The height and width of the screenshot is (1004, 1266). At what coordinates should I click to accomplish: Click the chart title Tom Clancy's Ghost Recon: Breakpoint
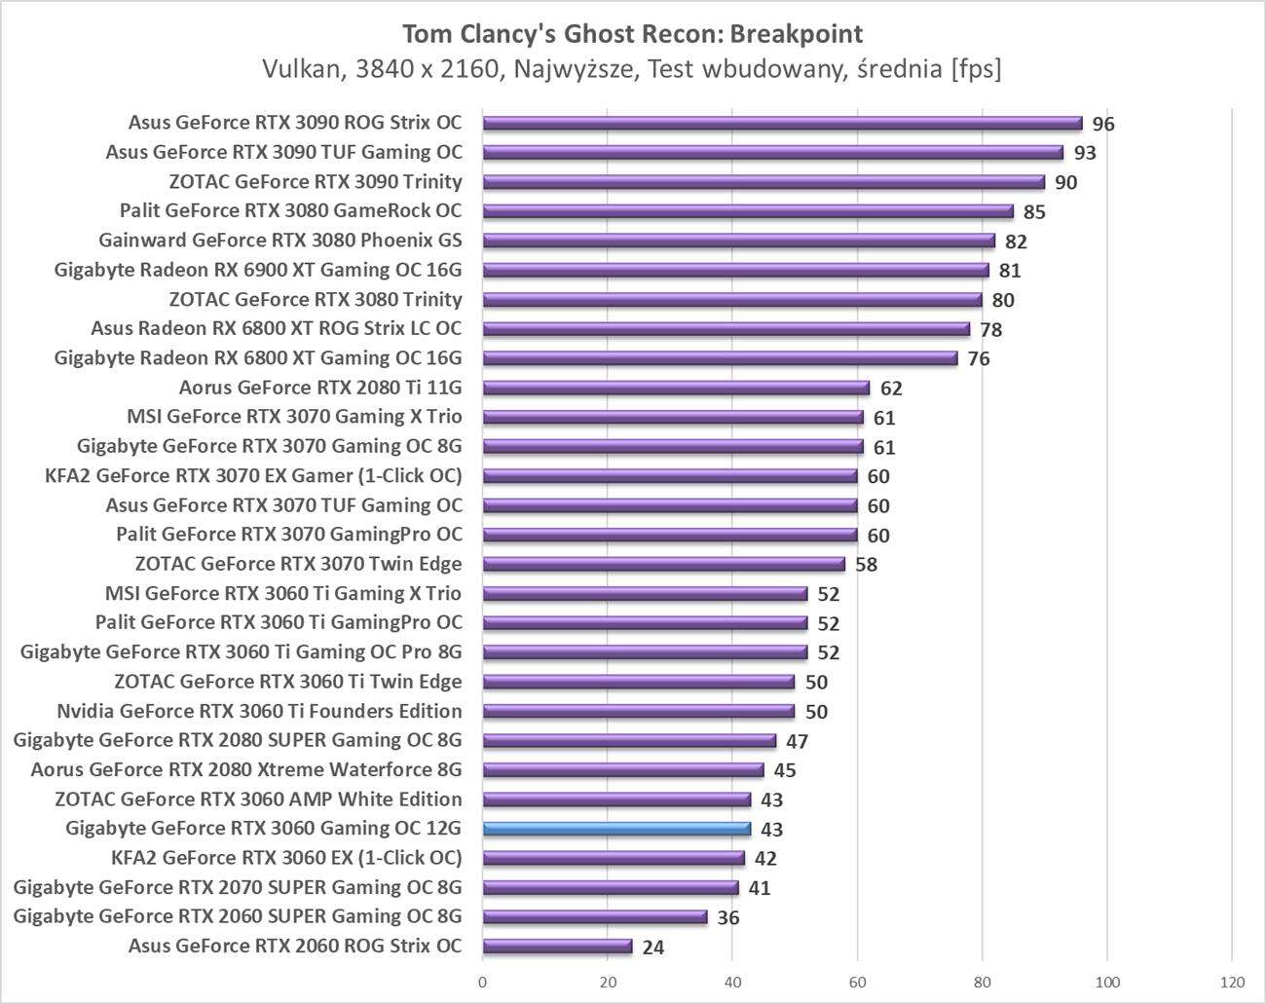click(x=632, y=34)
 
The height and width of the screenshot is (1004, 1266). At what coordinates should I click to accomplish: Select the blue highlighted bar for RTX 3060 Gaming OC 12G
click(x=616, y=829)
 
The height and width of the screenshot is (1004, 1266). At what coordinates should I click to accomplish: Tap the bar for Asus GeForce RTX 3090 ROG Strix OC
click(x=782, y=123)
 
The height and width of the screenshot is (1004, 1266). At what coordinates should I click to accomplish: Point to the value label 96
click(x=1102, y=124)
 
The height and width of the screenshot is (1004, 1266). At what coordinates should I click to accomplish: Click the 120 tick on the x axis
click(x=1232, y=981)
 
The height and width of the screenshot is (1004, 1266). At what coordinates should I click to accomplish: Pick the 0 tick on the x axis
click(x=483, y=981)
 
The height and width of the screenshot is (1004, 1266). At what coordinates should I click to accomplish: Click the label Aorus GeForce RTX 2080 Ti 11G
click(x=320, y=388)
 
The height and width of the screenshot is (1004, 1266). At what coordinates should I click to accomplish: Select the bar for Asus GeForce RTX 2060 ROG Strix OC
click(x=557, y=946)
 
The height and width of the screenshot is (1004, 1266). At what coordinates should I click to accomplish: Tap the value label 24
click(x=653, y=947)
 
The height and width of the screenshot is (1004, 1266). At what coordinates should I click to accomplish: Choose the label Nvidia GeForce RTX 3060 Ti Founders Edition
click(x=259, y=711)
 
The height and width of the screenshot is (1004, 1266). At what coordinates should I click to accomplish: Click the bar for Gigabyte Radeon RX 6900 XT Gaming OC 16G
click(x=735, y=270)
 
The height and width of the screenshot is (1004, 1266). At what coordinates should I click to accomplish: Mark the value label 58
click(x=866, y=565)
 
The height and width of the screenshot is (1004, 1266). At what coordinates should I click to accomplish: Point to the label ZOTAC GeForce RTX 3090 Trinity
click(x=316, y=181)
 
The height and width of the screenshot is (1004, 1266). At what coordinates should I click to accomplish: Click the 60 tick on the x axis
click(x=858, y=981)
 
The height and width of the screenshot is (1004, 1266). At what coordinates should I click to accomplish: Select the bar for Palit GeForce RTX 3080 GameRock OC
click(x=748, y=211)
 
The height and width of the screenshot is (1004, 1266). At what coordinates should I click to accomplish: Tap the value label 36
click(x=728, y=917)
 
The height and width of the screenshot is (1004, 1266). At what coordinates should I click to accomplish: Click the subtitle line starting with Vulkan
click(x=632, y=69)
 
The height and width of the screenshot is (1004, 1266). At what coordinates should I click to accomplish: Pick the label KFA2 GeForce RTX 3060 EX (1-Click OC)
click(x=287, y=858)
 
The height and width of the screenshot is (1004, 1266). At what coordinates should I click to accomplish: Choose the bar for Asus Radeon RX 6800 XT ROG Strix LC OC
click(x=726, y=329)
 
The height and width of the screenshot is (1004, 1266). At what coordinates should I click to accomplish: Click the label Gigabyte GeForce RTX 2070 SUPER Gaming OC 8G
click(x=238, y=887)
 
